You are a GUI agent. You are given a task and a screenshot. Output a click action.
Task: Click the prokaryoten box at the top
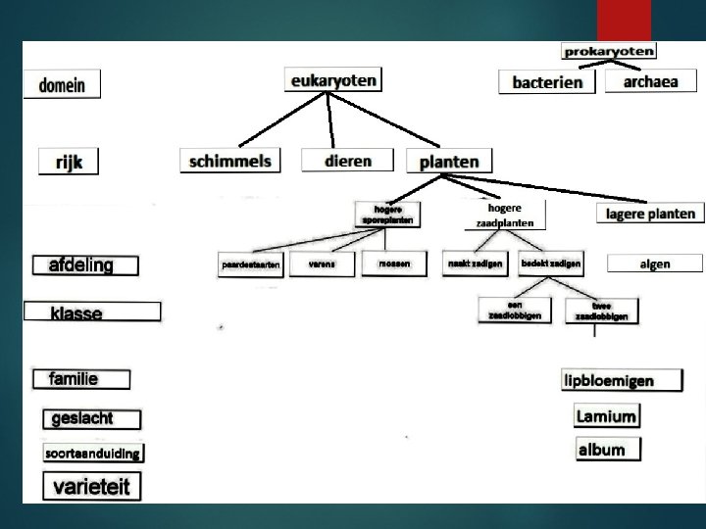pyautogui.click(x=608, y=51)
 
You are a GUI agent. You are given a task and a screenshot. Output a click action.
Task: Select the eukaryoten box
pyautogui.click(x=332, y=81)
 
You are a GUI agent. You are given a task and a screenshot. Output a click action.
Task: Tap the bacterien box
pyautogui.click(x=546, y=82)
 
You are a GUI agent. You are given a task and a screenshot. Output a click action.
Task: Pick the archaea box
pyautogui.click(x=650, y=82)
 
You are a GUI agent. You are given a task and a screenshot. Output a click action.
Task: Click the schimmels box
pyautogui.click(x=230, y=161)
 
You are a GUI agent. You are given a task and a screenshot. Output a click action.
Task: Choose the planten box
pyautogui.click(x=449, y=162)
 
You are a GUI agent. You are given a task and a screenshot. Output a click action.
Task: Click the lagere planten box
pyautogui.click(x=650, y=214)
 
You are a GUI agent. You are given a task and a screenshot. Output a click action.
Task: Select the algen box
pyautogui.click(x=654, y=264)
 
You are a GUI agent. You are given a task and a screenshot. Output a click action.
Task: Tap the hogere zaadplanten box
pyautogui.click(x=505, y=216)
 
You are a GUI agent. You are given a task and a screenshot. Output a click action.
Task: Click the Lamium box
pyautogui.click(x=606, y=416)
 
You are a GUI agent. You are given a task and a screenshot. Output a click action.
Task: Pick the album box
pyautogui.click(x=608, y=450)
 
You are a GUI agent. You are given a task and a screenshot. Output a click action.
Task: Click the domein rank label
pyautogui.click(x=63, y=85)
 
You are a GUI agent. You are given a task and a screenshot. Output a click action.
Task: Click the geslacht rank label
pyautogui.click(x=91, y=419)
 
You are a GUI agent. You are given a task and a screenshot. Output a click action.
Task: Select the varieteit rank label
pyautogui.click(x=91, y=486)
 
